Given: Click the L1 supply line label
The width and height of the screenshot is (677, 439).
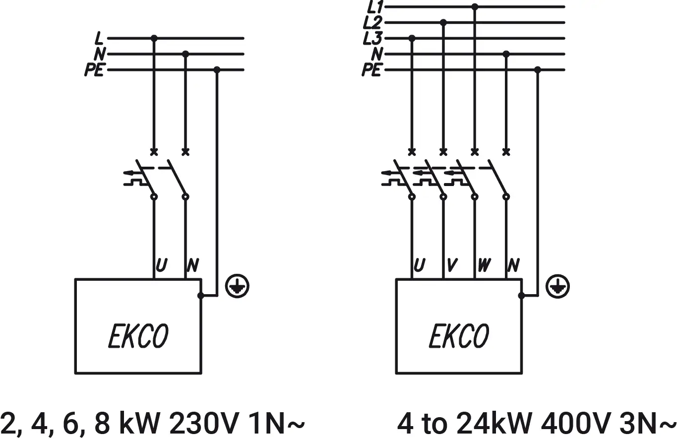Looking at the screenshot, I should (373, 7).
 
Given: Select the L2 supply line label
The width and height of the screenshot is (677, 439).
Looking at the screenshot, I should (373, 22).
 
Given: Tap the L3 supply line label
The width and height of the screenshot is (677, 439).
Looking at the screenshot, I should (373, 38).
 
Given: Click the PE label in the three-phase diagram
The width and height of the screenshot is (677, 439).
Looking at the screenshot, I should (371, 70).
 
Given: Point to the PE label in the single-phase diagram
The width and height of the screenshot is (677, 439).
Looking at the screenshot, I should (94, 70).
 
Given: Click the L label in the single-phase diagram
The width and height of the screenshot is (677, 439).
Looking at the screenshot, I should (99, 38).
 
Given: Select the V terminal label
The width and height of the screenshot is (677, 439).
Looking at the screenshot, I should (451, 266).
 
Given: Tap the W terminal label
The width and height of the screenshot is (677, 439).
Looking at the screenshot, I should (484, 266).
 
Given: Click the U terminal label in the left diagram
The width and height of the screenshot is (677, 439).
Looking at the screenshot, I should (161, 266).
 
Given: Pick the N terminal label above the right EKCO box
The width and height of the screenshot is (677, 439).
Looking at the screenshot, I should (514, 266).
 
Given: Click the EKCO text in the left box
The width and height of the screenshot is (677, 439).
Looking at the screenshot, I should (138, 336).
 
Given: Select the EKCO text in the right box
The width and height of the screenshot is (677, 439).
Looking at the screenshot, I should (459, 336).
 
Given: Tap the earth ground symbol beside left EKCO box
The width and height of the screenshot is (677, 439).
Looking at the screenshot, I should (238, 287).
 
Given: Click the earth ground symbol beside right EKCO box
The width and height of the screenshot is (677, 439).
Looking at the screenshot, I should (558, 287).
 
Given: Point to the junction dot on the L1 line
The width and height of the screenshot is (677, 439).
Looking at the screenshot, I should (475, 7).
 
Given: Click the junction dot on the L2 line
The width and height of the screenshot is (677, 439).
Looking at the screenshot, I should (443, 22).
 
